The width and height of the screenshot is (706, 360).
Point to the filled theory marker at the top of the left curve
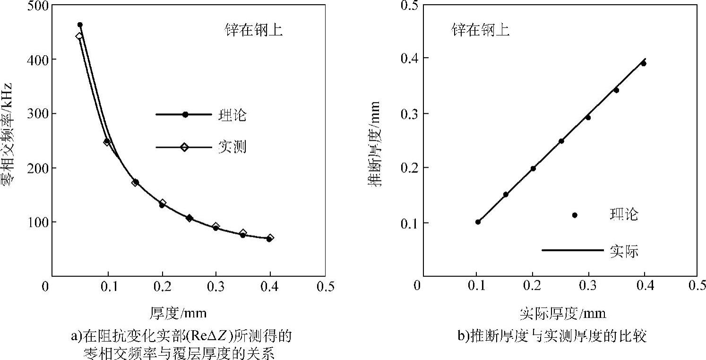80,25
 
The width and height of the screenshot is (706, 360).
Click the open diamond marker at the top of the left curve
79,36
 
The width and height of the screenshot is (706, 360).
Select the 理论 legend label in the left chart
232,115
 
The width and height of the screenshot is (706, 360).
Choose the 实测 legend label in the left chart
232,147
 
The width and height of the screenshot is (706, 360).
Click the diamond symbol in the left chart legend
184,147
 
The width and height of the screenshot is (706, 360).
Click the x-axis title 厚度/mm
179,313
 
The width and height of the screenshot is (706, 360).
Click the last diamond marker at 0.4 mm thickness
270,238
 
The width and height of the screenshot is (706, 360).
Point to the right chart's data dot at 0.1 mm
478,222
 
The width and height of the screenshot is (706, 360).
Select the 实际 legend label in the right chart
624,251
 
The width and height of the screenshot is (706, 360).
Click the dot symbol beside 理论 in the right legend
575,215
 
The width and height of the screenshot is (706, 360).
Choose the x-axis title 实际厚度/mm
562,313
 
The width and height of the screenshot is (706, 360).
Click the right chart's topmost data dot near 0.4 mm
643,63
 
